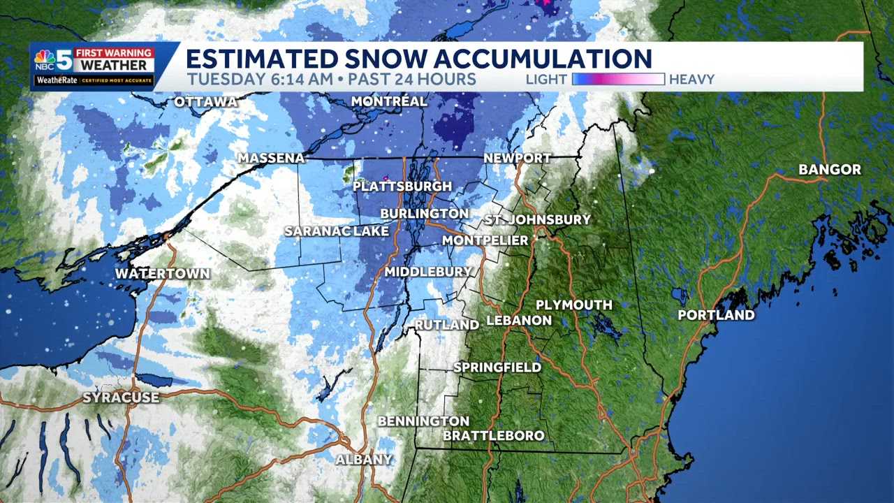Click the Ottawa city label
(x=205, y=102)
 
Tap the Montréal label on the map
(x=389, y=101)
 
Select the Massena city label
(x=272, y=159)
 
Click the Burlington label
(x=424, y=213)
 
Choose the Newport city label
(x=518, y=159)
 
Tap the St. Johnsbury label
(x=538, y=220)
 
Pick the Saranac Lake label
(x=337, y=231)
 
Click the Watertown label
(x=163, y=273)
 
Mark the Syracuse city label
(x=121, y=398)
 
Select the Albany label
(x=363, y=460)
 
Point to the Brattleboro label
(x=494, y=436)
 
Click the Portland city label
(x=716, y=315)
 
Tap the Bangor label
(x=830, y=170)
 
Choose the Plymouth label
(x=573, y=305)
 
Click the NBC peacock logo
(x=46, y=61)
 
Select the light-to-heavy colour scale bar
(x=618, y=79)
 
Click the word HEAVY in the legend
(x=691, y=80)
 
